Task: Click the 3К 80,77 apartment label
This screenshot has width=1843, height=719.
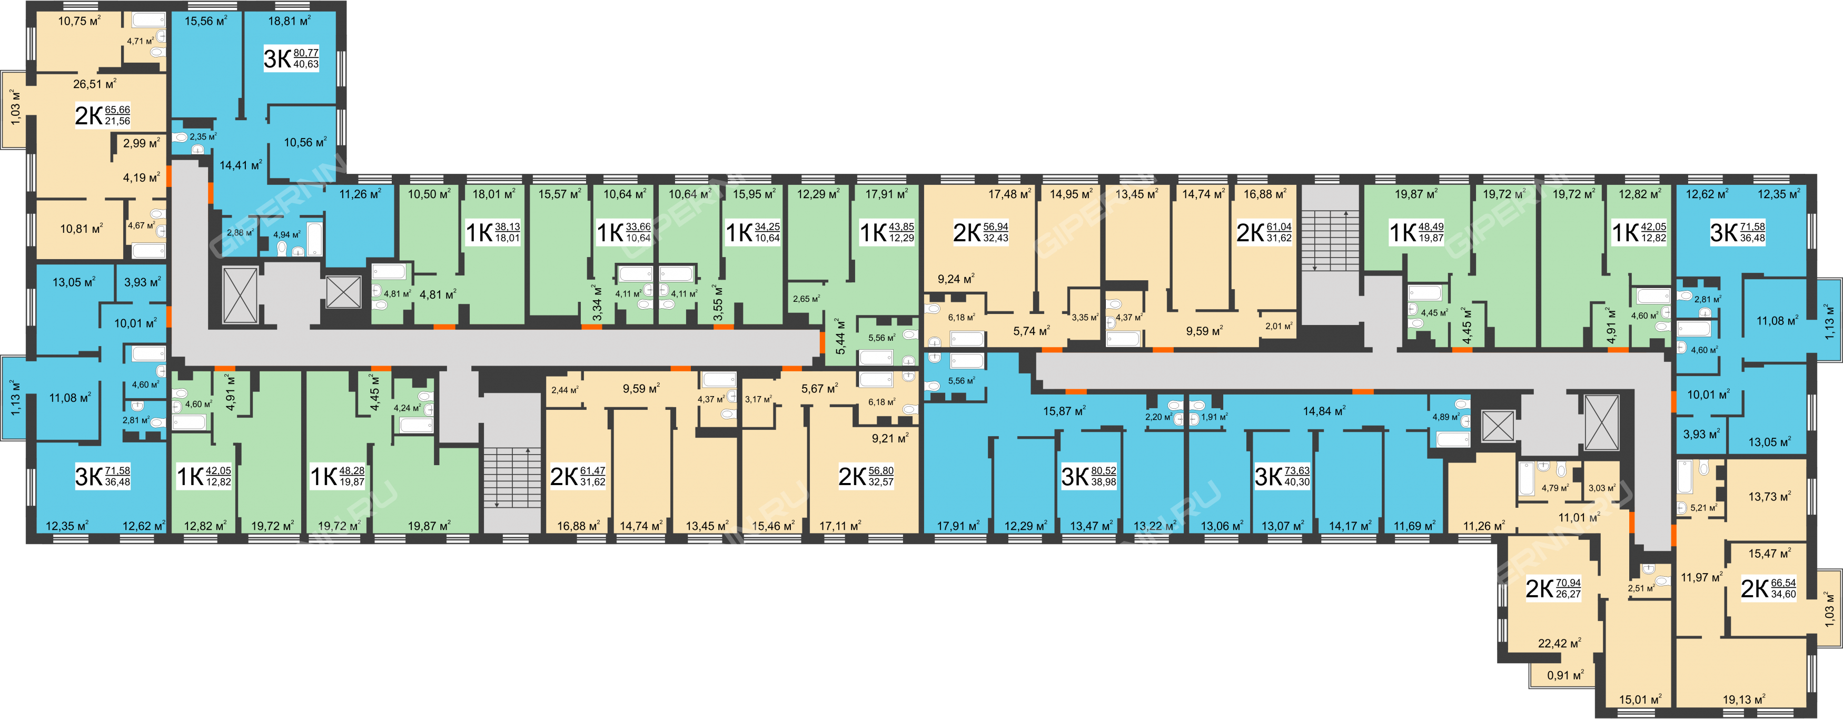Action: tap(291, 58)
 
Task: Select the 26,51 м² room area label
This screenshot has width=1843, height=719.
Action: tap(94, 84)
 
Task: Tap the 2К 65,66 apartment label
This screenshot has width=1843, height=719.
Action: tap(102, 115)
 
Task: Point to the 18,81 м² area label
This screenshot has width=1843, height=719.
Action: tap(289, 21)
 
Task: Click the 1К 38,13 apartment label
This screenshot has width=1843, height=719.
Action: tap(493, 232)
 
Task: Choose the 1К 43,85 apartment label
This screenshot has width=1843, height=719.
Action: tap(886, 232)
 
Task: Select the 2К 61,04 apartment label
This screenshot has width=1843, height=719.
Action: tap(1264, 232)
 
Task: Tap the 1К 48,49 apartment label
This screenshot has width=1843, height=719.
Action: tap(1416, 232)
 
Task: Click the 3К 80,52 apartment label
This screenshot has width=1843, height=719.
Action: tap(1089, 476)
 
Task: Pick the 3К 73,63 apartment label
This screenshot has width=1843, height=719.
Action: tap(1282, 476)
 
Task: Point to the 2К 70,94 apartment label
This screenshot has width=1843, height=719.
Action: tap(1553, 588)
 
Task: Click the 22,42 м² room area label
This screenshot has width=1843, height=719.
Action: tap(1560, 643)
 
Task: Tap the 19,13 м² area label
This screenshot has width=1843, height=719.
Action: tap(1743, 699)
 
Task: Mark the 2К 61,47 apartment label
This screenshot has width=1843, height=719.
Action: tap(577, 476)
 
